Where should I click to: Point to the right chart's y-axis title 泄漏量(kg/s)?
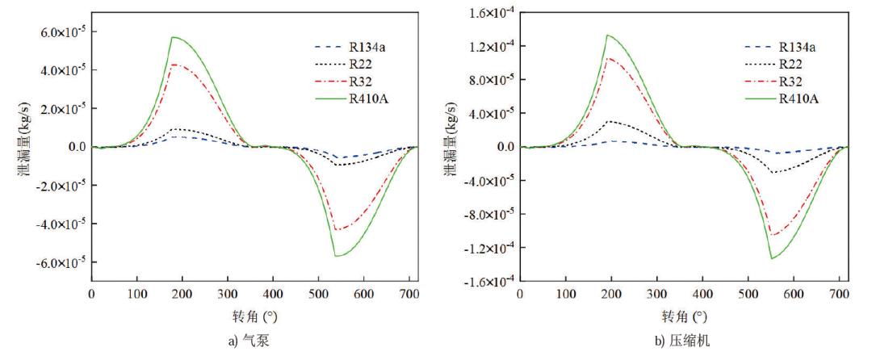[448, 147]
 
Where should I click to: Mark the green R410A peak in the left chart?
[151, 36]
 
